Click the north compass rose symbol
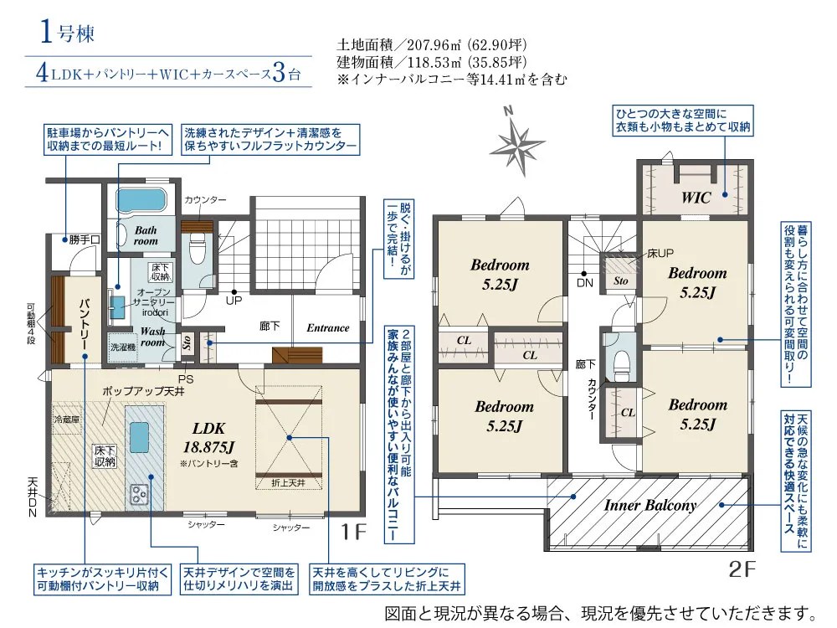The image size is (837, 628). pyautogui.click(x=516, y=142)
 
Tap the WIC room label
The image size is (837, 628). pyautogui.click(x=696, y=198)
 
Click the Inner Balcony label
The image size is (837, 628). pyautogui.click(x=650, y=505)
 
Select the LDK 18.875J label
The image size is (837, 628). pyautogui.click(x=208, y=437)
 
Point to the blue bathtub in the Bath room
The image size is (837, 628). pyautogui.click(x=142, y=201)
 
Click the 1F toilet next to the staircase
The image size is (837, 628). pyautogui.click(x=197, y=250)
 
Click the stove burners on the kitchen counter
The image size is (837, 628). pyautogui.click(x=139, y=494)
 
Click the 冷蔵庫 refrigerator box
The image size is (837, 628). pyautogui.click(x=67, y=420)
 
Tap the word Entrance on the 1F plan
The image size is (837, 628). pyautogui.click(x=328, y=328)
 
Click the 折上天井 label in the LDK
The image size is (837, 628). pyautogui.click(x=288, y=483)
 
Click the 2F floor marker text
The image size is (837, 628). pyautogui.click(x=742, y=569)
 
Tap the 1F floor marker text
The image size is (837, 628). pyautogui.click(x=353, y=532)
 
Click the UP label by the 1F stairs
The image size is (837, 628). pyautogui.click(x=234, y=301)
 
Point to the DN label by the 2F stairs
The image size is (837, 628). pyautogui.click(x=585, y=283)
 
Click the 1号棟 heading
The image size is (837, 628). pyautogui.click(x=67, y=32)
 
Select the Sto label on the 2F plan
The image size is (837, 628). pyautogui.click(x=621, y=281)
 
